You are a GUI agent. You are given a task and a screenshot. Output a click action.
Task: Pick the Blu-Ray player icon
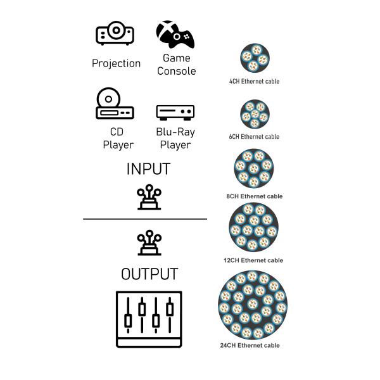click(175, 112)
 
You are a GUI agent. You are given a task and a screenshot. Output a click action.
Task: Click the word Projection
click(116, 63)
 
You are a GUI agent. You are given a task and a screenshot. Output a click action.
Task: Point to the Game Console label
click(176, 65)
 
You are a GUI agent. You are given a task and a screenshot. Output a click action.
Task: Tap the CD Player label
click(118, 138)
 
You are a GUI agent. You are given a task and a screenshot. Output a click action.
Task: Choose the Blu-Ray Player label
click(175, 138)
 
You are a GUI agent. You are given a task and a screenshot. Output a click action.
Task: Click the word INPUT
click(148, 169)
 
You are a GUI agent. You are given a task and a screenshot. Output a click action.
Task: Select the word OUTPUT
click(149, 274)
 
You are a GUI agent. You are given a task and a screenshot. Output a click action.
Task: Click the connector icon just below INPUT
click(149, 198)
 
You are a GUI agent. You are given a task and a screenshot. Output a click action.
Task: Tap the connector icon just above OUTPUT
click(149, 243)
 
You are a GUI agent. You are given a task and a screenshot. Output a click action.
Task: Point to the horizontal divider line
click(145, 219)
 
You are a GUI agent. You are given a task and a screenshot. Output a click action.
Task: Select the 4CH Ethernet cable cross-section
click(255, 58)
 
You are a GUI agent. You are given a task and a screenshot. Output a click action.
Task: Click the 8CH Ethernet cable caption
click(255, 196)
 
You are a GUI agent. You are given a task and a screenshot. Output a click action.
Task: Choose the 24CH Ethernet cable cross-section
click(254, 305)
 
